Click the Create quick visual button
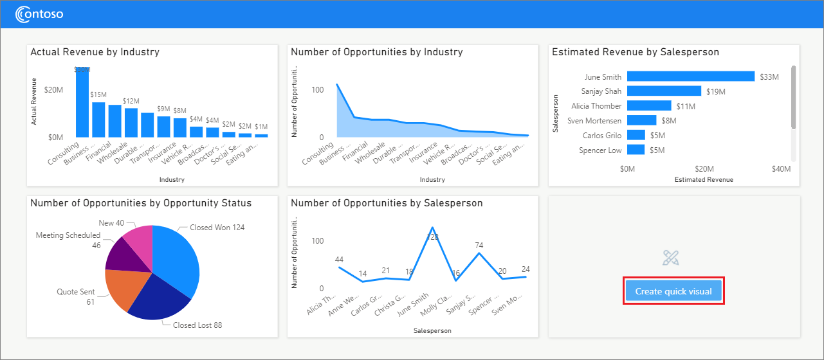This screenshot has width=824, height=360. (x=673, y=291)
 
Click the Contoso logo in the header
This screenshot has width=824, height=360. (x=39, y=14)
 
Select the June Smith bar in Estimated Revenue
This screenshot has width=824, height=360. (x=690, y=76)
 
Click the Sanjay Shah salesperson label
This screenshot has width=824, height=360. (x=601, y=91)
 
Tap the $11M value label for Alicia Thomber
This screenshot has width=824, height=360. (x=685, y=106)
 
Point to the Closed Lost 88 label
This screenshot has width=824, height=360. (x=197, y=325)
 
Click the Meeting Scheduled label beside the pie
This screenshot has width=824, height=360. (x=68, y=236)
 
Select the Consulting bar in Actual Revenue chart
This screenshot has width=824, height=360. (x=82, y=103)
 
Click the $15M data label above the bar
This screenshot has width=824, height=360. (x=98, y=94)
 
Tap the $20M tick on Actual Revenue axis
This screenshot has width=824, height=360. (x=53, y=90)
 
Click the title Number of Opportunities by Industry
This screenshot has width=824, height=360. (x=376, y=52)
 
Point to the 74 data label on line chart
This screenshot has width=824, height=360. (x=479, y=245)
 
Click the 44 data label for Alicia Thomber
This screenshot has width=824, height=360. (x=339, y=259)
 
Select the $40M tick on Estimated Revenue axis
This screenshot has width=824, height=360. (x=781, y=168)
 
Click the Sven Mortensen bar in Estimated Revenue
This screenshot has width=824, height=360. (x=641, y=120)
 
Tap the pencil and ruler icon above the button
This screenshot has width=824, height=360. (x=671, y=258)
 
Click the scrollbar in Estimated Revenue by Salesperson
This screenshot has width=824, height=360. (x=793, y=96)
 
